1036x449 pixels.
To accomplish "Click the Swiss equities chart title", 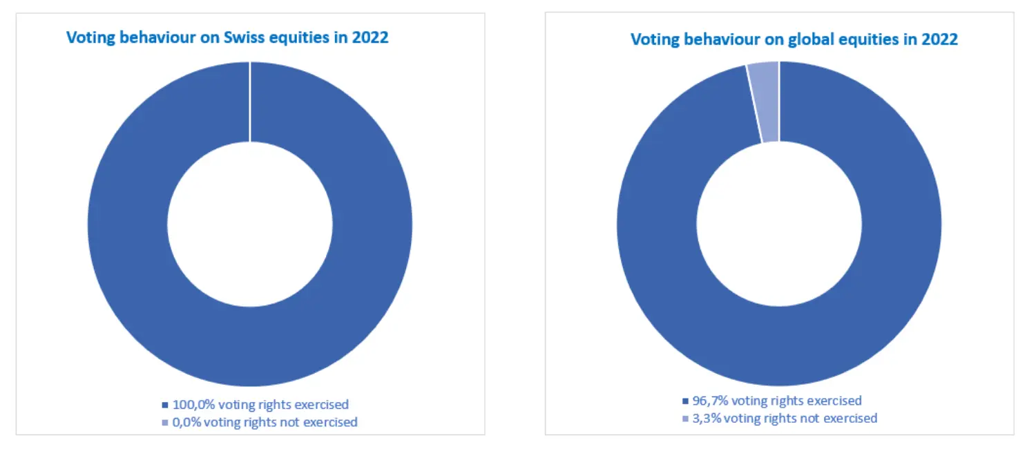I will point(227,37).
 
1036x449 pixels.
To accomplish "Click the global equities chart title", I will point(794,39).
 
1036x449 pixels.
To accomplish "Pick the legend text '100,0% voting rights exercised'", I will point(260,404).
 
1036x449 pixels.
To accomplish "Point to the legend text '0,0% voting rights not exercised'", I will point(265,421).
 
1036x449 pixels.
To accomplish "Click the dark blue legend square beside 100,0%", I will point(165,405).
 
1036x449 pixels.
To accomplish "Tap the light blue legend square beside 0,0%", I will point(165,422).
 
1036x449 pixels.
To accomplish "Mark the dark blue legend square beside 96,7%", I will point(685,401).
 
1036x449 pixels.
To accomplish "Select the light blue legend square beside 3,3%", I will point(685,419).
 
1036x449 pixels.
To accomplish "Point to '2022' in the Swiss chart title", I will point(370,37).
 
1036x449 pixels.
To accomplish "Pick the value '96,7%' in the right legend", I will point(709,401).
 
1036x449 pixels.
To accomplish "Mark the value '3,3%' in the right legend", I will point(704,418).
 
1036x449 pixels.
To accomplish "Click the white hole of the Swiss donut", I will point(249,224).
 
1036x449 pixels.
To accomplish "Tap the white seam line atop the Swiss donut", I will point(249,101).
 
